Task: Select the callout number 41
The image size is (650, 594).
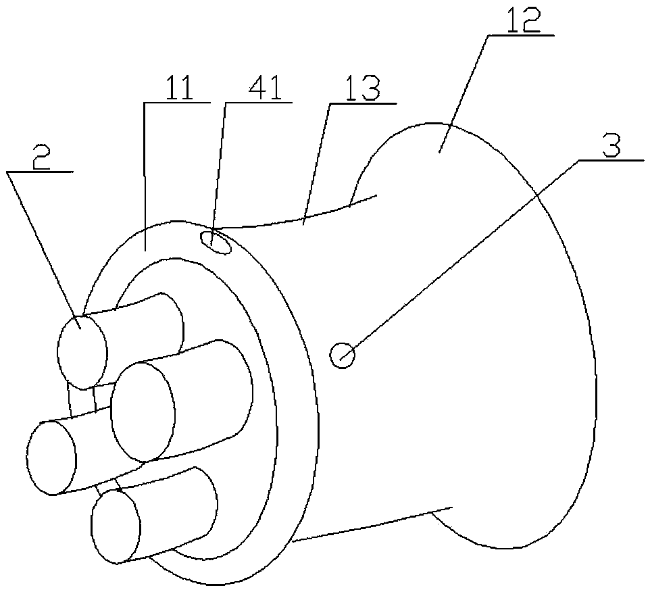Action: (257, 89)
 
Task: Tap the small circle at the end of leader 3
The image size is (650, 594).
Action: (343, 354)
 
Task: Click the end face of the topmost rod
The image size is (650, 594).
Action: (82, 351)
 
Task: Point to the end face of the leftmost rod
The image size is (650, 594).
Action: (51, 458)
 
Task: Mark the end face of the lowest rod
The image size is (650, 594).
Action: (116, 526)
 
